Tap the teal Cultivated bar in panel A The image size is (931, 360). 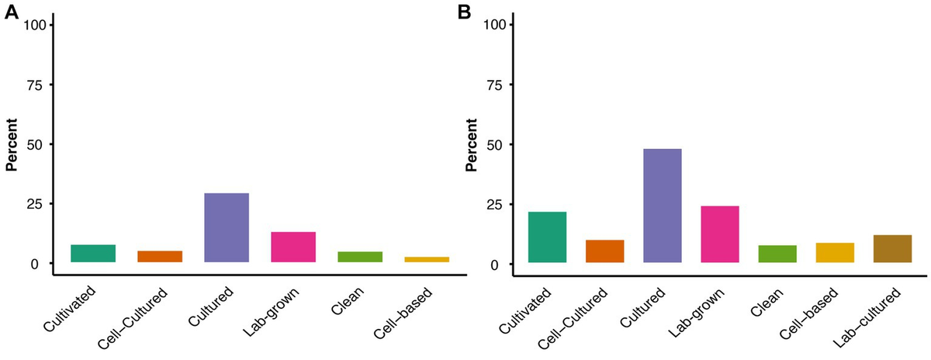click(92, 254)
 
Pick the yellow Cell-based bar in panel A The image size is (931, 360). click(427, 259)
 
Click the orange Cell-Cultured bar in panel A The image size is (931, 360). click(159, 256)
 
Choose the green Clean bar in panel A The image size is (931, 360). click(360, 257)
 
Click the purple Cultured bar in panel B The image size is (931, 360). click(659, 206)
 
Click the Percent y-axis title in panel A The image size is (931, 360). click(12, 144)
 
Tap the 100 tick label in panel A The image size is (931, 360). click(36, 25)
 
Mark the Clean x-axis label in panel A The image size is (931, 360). click(348, 304)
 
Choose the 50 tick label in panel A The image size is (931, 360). click(40, 144)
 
